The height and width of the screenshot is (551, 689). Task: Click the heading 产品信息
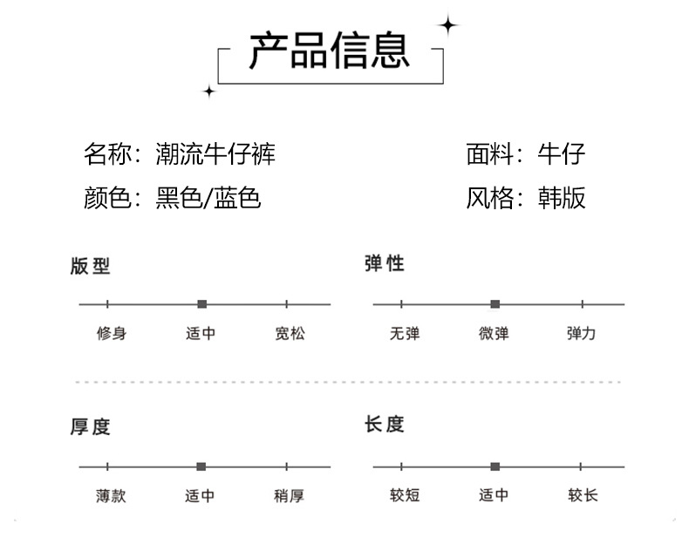[x=329, y=51]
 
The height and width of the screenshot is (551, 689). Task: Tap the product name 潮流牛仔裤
[x=215, y=155]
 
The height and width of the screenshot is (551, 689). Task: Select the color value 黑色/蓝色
[x=208, y=198]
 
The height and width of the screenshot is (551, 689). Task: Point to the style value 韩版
[x=562, y=198]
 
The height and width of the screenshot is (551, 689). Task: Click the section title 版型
[x=91, y=266]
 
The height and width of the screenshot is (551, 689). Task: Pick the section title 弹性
[x=385, y=263]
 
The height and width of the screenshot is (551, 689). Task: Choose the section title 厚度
[x=91, y=427]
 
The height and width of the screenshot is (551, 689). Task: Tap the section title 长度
[x=385, y=425]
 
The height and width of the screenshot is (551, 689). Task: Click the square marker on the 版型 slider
[x=202, y=304]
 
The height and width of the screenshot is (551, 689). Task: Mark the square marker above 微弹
[x=495, y=304]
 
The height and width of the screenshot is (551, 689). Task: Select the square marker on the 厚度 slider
[x=201, y=466]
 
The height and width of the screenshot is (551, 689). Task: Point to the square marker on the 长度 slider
[x=495, y=466]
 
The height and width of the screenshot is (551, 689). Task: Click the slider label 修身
[x=111, y=333]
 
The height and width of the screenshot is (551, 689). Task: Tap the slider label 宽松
[x=290, y=333]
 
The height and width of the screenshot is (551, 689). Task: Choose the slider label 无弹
[x=405, y=333]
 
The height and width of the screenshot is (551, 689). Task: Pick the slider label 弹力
[x=582, y=333]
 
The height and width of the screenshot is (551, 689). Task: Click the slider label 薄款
[x=111, y=495]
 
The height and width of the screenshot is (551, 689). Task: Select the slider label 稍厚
[x=289, y=495]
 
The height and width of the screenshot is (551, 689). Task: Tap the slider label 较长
[x=583, y=495]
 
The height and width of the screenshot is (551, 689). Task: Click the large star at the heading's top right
[x=448, y=25]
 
